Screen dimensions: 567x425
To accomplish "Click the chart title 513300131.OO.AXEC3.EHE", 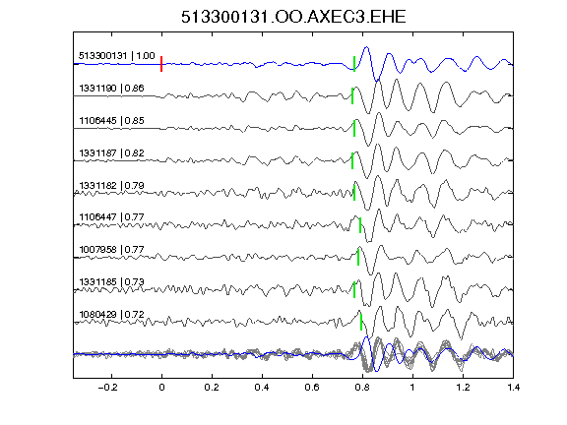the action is tap(293, 17).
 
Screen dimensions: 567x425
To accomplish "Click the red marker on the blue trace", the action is tap(161, 64).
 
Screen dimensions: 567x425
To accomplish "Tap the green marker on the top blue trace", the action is tap(354, 64).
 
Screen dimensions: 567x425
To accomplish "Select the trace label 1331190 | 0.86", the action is tap(111, 89).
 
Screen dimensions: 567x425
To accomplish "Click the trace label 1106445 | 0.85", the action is tap(111, 120).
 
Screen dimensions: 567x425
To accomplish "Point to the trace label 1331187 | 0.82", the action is tap(111, 152).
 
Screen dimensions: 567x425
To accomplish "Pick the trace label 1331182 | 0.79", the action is tap(111, 185).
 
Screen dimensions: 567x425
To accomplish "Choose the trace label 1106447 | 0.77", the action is tap(111, 216).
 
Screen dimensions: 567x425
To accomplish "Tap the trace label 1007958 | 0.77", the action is tap(111, 249).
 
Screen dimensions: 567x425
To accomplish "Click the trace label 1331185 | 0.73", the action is tap(111, 281).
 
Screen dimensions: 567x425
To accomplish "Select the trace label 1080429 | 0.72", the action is tap(111, 314).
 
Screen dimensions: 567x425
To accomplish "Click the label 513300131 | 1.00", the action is tap(117, 56).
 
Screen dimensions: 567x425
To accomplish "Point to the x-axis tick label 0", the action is tap(161, 388).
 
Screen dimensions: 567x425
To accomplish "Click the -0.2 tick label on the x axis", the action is tap(108, 388).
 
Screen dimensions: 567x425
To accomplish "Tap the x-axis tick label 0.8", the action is tap(362, 388).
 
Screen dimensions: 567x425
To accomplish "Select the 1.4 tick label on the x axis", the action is tap(513, 388).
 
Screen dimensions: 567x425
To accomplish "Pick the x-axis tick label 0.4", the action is tap(262, 388).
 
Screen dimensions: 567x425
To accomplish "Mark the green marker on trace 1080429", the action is tap(361, 322).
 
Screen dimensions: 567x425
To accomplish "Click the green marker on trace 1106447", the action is tap(360, 224).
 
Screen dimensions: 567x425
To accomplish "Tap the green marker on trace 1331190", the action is tap(352, 95).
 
